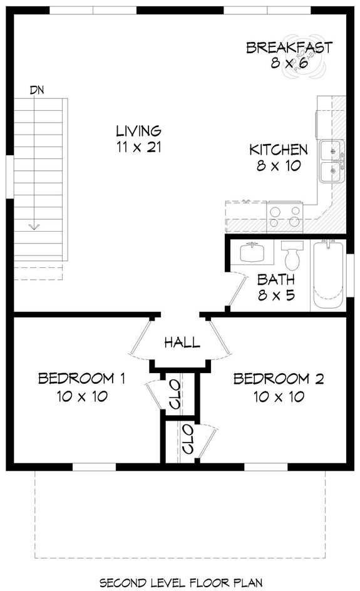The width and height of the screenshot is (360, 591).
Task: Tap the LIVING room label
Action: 139,131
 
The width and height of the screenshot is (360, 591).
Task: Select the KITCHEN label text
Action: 279,150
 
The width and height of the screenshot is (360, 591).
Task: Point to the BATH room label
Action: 276,280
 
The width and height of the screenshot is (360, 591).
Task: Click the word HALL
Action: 182,342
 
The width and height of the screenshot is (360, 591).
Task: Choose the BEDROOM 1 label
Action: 82,379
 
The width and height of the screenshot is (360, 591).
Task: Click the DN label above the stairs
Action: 37,90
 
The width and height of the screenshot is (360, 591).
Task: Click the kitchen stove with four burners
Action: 285,217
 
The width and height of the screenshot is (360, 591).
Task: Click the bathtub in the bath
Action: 329,275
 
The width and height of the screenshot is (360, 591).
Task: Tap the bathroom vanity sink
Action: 254,254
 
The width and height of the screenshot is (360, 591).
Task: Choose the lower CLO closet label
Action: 187,439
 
